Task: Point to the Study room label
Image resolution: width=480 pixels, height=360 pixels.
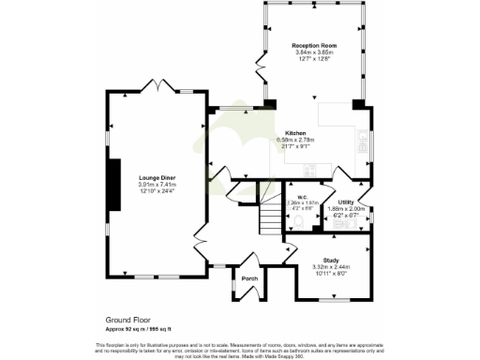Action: pyautogui.click(x=330, y=260)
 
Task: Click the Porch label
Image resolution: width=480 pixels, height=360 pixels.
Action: pyautogui.click(x=249, y=278)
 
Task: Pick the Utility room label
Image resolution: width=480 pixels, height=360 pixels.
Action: pyautogui.click(x=346, y=202)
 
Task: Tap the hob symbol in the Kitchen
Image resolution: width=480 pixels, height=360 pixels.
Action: pyautogui.click(x=363, y=141)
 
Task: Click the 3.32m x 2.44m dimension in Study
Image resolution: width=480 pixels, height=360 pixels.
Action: pyautogui.click(x=330, y=267)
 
